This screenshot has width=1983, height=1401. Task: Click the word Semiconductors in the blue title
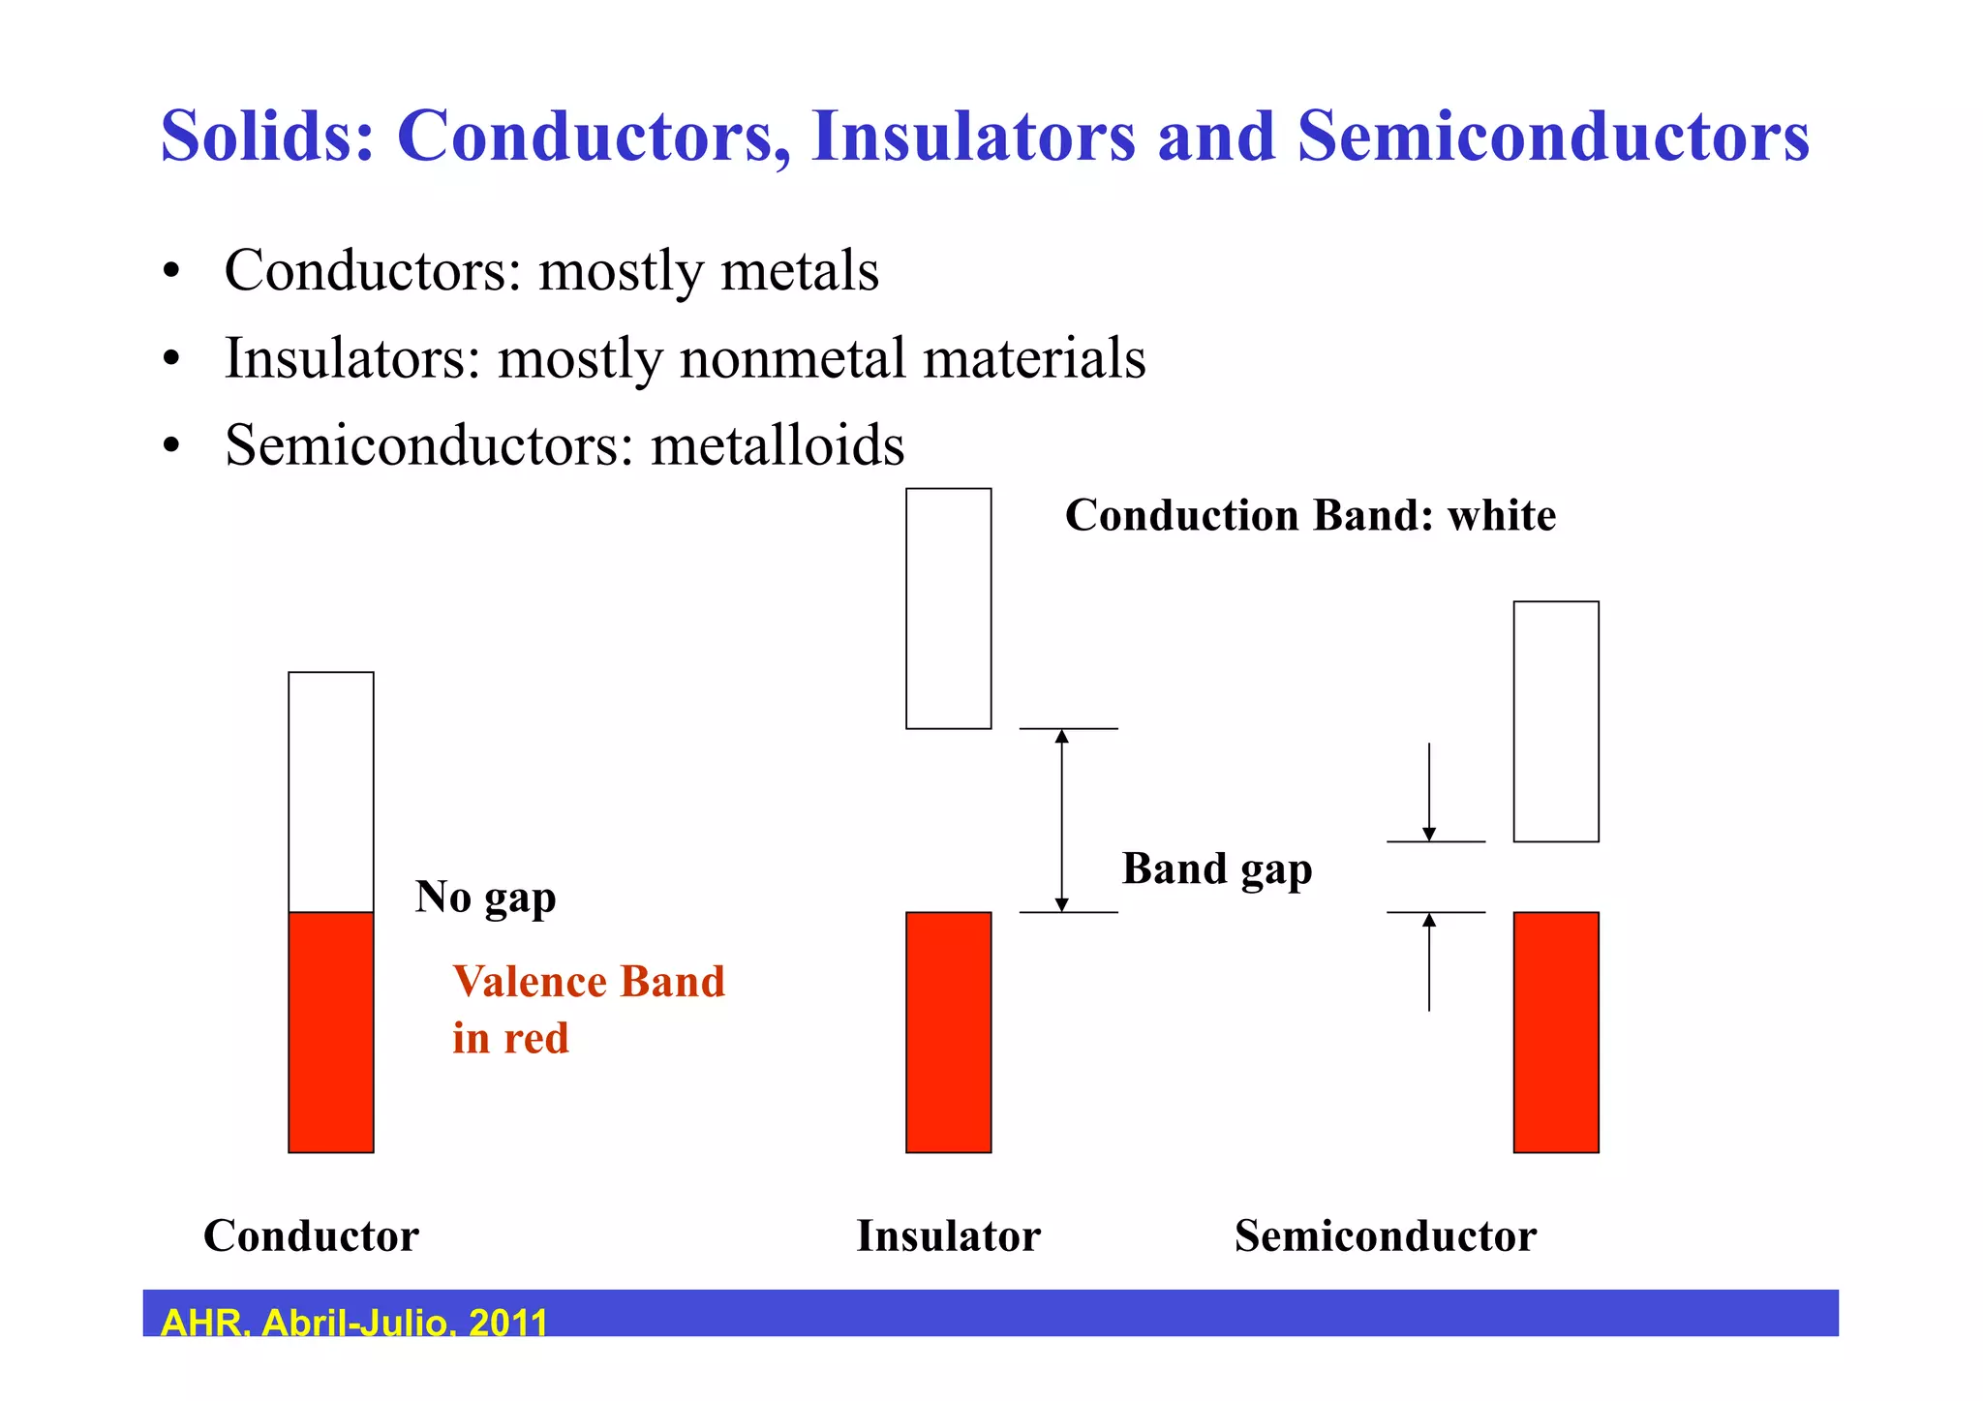tap(1553, 136)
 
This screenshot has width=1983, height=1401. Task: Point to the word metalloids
tap(778, 445)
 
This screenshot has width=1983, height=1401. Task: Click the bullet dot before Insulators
tap(171, 360)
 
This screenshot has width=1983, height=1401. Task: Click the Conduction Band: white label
tap(1310, 515)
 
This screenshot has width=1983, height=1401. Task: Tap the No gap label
tap(485, 897)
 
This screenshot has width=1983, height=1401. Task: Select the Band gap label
tap(1217, 868)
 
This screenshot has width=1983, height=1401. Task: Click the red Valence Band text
tap(588, 983)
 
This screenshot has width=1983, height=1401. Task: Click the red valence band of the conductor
tap(331, 1031)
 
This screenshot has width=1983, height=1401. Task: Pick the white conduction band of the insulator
tap(948, 608)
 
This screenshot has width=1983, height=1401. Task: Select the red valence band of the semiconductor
tap(1555, 1031)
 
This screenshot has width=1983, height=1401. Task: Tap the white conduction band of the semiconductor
tap(1555, 721)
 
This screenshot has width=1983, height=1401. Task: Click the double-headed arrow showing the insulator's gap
tap(1061, 820)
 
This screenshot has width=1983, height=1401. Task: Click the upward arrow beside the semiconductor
tap(1429, 962)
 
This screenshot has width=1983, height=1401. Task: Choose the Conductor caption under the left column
tap(311, 1236)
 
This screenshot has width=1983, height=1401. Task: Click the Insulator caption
tap(948, 1236)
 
